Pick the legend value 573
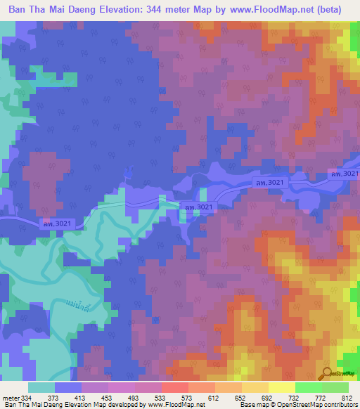point(204,397)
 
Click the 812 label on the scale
point(345,397)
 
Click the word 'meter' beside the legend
point(10,397)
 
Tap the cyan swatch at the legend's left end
point(41,387)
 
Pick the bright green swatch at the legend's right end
point(335,387)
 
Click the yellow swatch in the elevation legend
point(282,387)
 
